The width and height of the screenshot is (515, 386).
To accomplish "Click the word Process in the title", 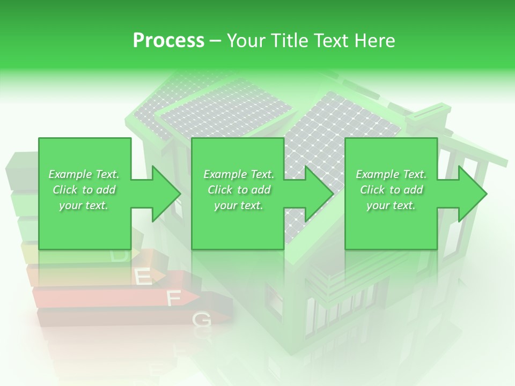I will point(168,41).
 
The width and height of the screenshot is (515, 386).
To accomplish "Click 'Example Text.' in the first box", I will point(84,174).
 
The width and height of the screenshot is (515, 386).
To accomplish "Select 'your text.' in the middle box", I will point(239,206).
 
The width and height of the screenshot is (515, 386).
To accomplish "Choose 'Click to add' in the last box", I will point(391,190).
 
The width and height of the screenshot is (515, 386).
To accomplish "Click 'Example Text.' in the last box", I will point(391,174).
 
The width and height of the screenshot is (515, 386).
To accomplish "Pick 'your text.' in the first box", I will point(84,206).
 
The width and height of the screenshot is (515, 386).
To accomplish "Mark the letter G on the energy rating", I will point(202,321).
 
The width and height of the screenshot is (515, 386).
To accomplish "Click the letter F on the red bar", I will point(173,299).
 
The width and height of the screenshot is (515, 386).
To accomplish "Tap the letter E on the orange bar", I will point(142,277).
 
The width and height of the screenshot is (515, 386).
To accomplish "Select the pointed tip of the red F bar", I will point(200,296).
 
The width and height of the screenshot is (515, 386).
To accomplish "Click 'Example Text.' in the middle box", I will point(239,174).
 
